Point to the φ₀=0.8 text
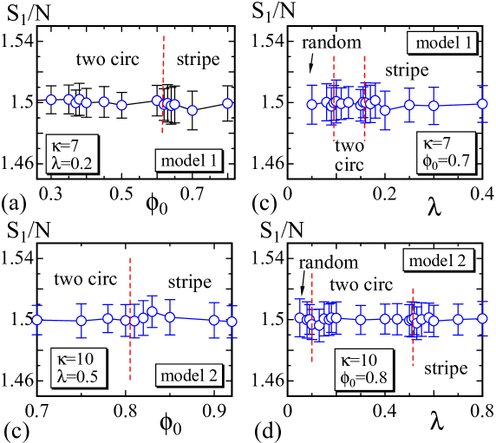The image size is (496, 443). point(362,375)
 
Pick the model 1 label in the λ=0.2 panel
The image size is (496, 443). point(188,160)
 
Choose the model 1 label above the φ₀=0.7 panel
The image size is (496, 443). point(442,43)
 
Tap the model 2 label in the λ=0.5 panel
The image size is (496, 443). point(188,375)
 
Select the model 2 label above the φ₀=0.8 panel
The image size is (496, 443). point(438,260)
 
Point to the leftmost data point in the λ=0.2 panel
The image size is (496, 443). point(50,100)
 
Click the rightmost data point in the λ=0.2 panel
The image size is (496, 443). point(227,103)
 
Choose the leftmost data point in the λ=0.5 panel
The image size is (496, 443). point(36,320)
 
